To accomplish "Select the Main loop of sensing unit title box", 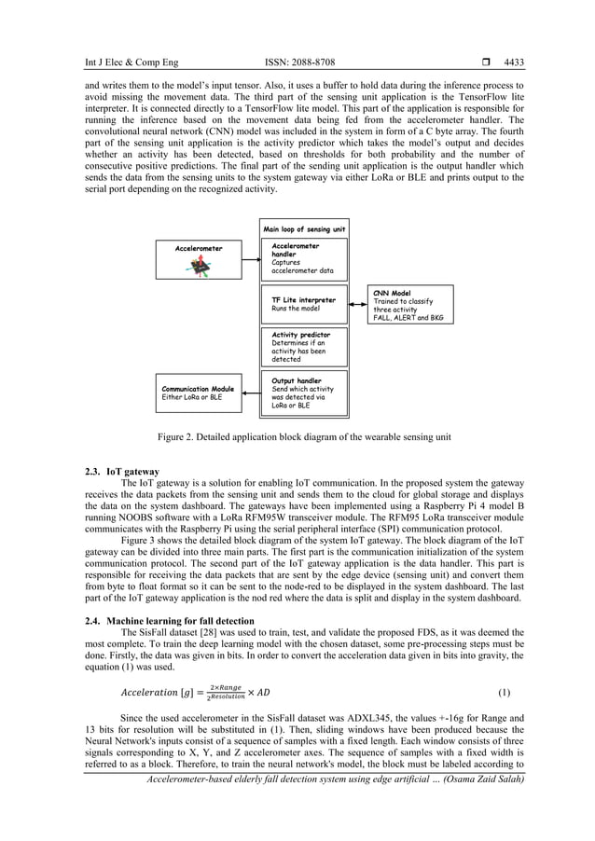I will pyautogui.click(x=304, y=228).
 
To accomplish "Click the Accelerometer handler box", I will pyautogui.click(x=304, y=258).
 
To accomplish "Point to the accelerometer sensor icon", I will pyautogui.click(x=199, y=268).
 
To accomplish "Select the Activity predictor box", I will pyautogui.click(x=304, y=346).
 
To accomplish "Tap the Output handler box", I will pyautogui.click(x=304, y=393).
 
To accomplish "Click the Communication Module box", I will pyautogui.click(x=197, y=393).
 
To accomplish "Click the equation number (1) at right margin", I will pyautogui.click(x=505, y=693).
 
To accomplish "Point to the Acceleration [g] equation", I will pyautogui.click(x=197, y=693).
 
